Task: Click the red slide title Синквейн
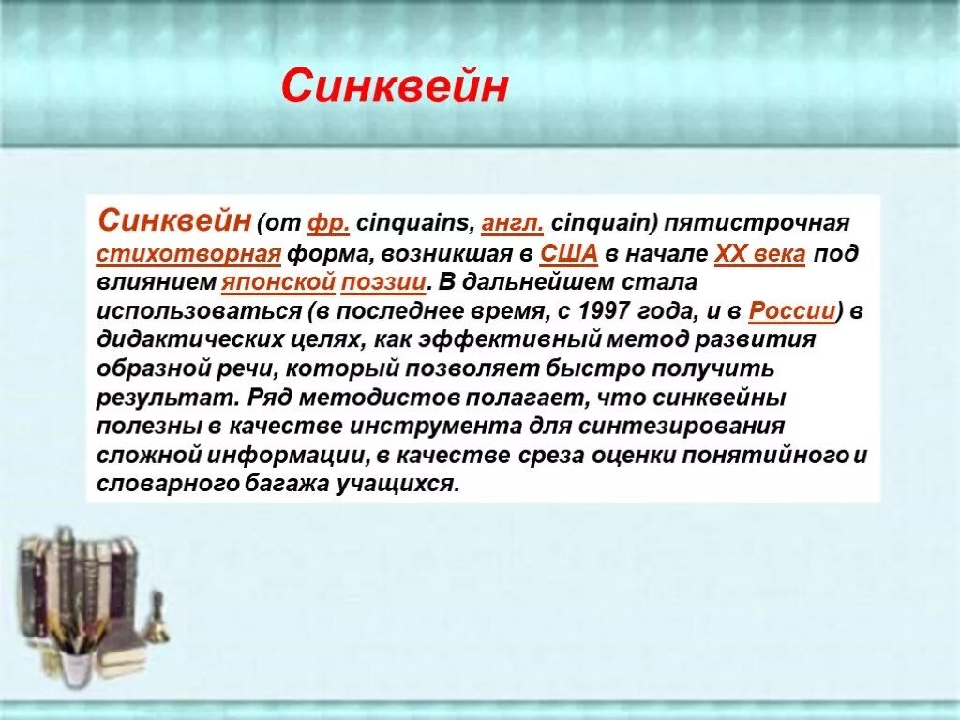394,87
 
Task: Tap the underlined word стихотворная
188,254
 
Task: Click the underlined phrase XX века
759,254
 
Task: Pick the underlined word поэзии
387,282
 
